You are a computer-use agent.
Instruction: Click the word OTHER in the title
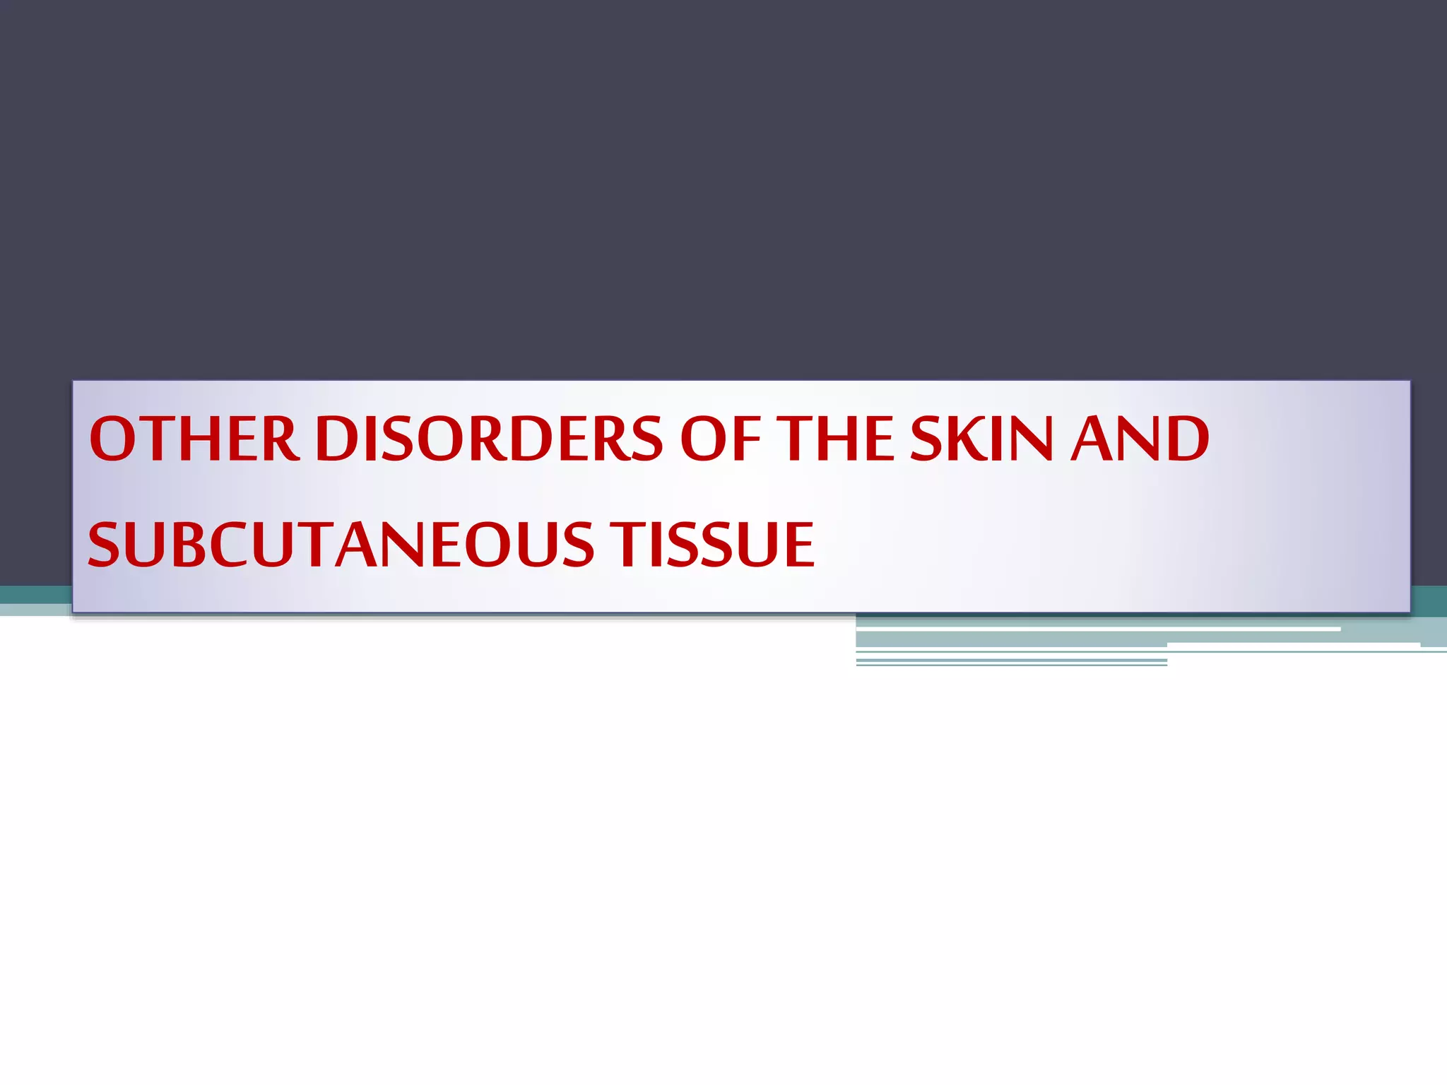(194, 439)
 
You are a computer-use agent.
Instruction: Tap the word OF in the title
(719, 439)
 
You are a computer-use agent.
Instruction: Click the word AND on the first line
(1139, 439)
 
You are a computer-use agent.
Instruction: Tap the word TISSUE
(714, 545)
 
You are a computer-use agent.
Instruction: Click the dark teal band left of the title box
(35, 595)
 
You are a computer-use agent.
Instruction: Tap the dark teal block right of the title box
(1429, 600)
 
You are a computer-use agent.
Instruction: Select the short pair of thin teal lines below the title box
(1011, 662)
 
